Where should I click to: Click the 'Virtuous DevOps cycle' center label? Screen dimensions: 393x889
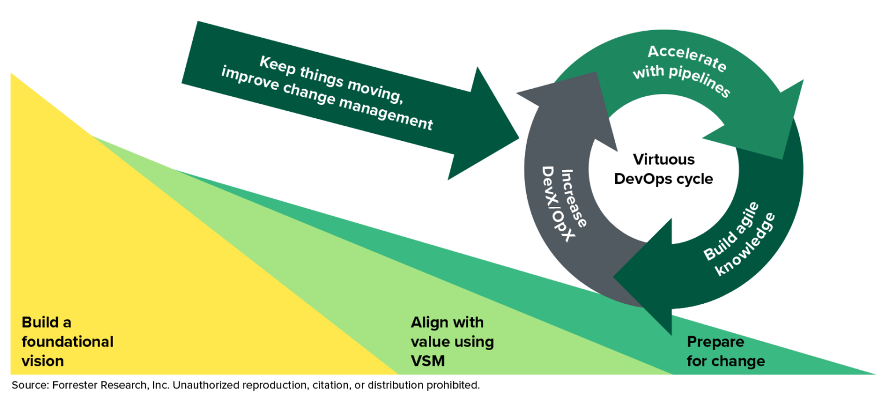(663, 169)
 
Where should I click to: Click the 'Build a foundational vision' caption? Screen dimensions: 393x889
(67, 341)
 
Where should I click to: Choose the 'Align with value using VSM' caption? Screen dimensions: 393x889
(452, 341)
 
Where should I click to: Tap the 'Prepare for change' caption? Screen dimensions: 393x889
(725, 351)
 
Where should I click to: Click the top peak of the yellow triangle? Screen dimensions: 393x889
(12, 74)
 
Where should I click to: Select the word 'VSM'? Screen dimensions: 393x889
(428, 361)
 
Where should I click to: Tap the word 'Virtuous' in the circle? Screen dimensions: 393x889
(663, 159)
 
